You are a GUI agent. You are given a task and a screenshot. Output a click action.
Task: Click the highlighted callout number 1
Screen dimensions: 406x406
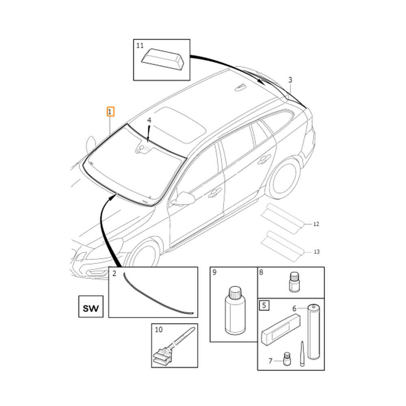[110, 111]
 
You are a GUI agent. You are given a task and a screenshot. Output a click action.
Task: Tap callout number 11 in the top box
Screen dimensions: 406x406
[140, 46]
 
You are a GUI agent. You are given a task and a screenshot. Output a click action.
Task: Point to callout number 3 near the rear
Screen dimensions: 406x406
[290, 80]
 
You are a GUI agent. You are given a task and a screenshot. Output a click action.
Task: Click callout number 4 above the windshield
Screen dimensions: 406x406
[149, 121]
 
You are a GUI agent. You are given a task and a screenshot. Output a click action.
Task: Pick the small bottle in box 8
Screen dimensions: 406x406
[294, 282]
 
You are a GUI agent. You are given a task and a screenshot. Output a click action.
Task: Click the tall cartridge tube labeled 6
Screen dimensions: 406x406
[313, 332]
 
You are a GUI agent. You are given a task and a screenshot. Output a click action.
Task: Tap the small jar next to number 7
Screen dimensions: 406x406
[287, 358]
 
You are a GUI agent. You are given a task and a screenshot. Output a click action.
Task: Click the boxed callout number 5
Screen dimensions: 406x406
[264, 305]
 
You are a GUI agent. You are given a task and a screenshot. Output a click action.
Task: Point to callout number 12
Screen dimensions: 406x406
[316, 224]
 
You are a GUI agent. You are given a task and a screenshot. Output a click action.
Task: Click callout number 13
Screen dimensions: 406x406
[316, 252]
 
